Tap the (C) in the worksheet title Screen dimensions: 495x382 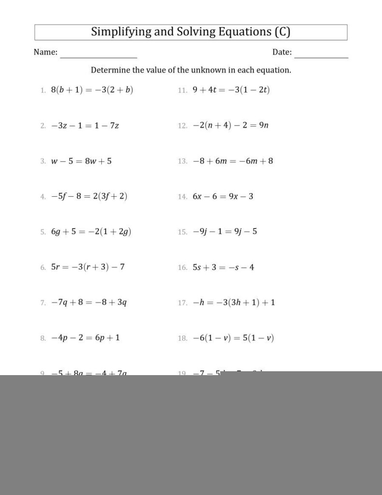tap(282, 32)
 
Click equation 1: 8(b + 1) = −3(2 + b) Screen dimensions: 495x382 tap(92, 90)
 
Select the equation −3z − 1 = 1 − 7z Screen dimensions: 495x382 tap(85, 126)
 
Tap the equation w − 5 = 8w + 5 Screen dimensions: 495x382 tap(81, 161)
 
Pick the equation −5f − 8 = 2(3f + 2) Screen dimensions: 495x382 tap(89, 196)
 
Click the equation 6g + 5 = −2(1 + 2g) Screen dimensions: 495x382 tap(91, 232)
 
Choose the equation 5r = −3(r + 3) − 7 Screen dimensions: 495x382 tap(88, 267)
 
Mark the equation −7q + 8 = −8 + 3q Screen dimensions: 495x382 tap(89, 303)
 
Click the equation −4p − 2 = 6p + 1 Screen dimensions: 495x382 tap(85, 338)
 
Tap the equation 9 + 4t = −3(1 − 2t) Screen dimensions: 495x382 tap(231, 90)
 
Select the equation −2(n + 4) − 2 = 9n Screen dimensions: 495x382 tap(230, 126)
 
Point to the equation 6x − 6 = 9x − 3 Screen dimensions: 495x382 tap(223, 196)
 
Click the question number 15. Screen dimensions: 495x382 tap(182, 232)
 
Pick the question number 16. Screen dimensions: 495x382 tap(182, 267)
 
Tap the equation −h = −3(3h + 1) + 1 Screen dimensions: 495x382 tap(234, 303)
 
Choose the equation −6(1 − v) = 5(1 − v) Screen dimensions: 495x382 tap(233, 338)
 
